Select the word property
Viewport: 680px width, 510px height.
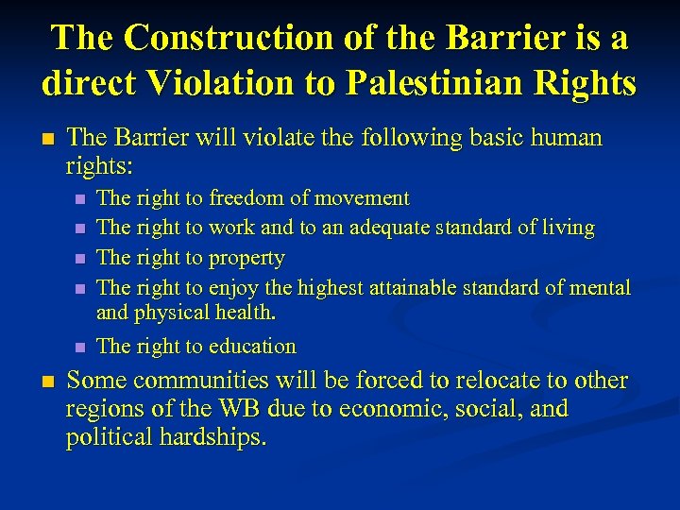[x=246, y=258]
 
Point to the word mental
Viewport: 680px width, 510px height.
[x=600, y=287]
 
